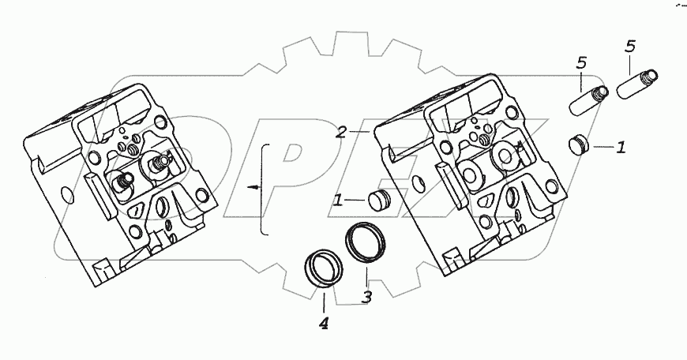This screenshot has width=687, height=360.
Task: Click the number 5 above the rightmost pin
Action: (x=629, y=47)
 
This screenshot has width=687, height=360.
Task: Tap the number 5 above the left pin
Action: (x=581, y=62)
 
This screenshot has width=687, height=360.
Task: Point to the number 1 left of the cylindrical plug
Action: (x=338, y=201)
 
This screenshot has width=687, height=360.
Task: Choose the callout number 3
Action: (x=366, y=297)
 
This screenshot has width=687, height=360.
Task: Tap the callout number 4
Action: (x=324, y=323)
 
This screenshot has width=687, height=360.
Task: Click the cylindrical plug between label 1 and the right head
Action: (x=379, y=198)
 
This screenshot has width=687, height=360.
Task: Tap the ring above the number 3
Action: (x=365, y=240)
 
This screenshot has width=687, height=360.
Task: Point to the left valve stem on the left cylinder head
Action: (x=122, y=182)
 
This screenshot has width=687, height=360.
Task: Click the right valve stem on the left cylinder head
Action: (x=162, y=162)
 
